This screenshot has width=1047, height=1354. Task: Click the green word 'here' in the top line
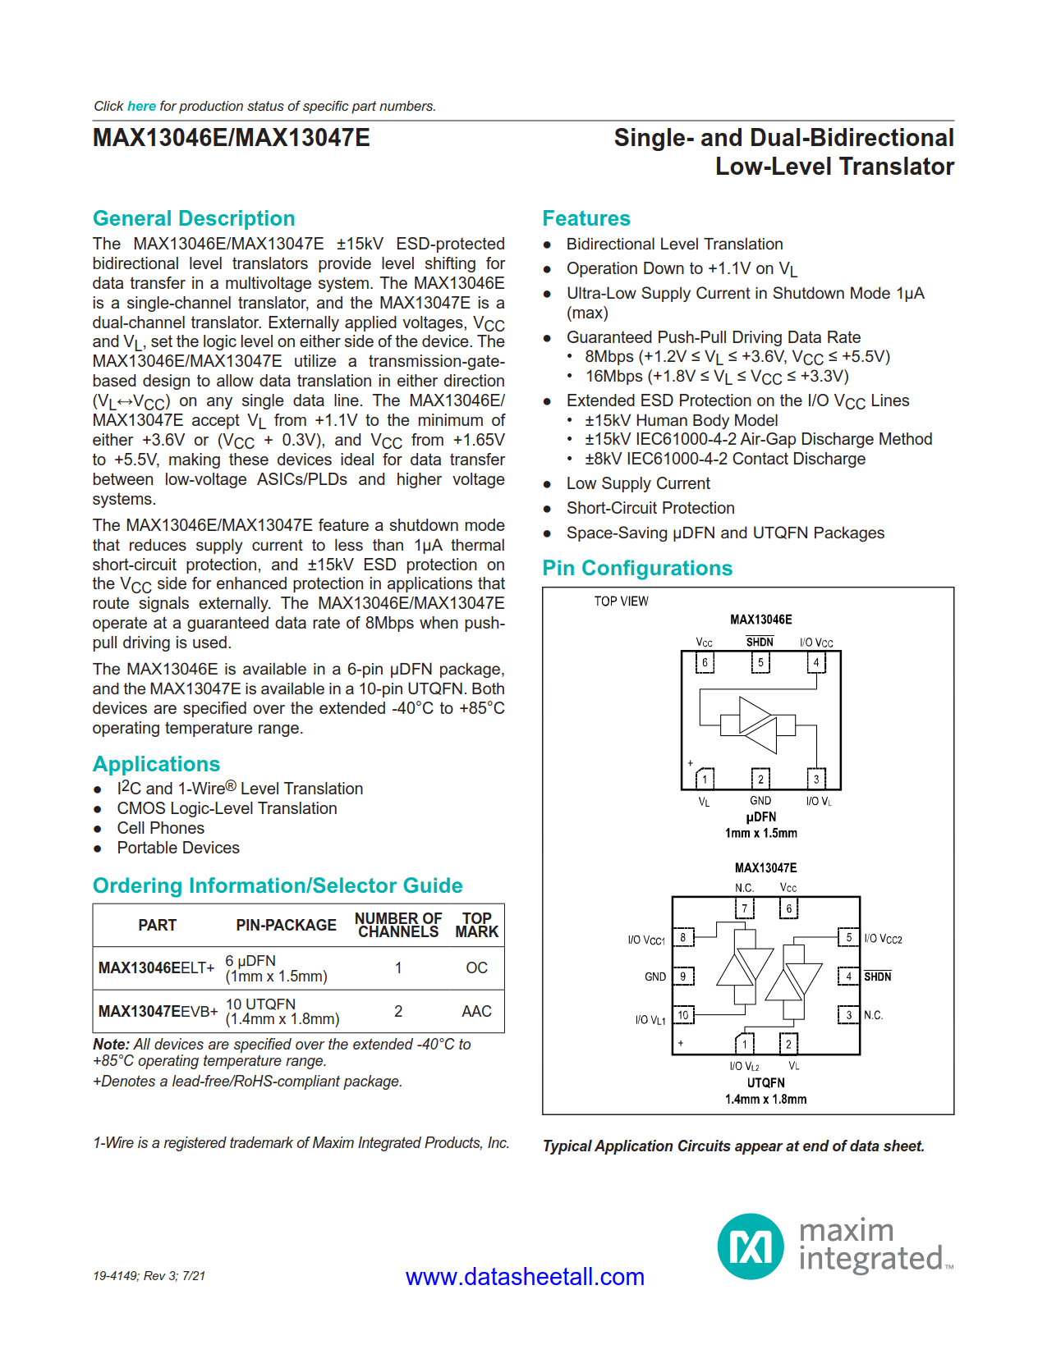[x=141, y=106]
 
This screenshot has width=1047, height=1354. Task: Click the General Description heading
[x=194, y=218]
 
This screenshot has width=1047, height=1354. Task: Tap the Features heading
[x=585, y=218]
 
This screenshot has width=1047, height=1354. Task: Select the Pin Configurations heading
[x=637, y=568]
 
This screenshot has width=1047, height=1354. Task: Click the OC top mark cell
[x=476, y=968]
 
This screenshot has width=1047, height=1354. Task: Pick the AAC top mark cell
[x=476, y=1012]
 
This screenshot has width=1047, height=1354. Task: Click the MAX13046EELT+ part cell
[x=156, y=968]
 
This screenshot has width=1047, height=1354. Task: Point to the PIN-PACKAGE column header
[x=286, y=926]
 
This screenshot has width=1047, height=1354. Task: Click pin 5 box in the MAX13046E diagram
[x=760, y=662]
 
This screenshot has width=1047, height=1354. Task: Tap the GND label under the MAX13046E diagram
[x=760, y=801]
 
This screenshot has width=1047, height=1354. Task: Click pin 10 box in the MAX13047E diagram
[x=683, y=1015]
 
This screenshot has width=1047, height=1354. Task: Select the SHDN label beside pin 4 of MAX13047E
[x=877, y=977]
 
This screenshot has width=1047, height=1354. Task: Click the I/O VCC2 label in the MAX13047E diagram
[x=883, y=939]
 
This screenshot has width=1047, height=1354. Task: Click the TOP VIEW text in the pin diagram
[x=621, y=602]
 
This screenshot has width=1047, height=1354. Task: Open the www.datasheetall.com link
[x=525, y=1277]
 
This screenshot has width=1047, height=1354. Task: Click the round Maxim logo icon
[x=751, y=1247]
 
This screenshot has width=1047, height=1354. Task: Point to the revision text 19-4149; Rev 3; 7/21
[x=149, y=1276]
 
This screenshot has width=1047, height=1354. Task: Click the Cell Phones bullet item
[x=160, y=828]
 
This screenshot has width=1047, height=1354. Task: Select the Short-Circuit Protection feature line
[x=650, y=508]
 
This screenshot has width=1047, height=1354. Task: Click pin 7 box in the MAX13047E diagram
[x=745, y=908]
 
